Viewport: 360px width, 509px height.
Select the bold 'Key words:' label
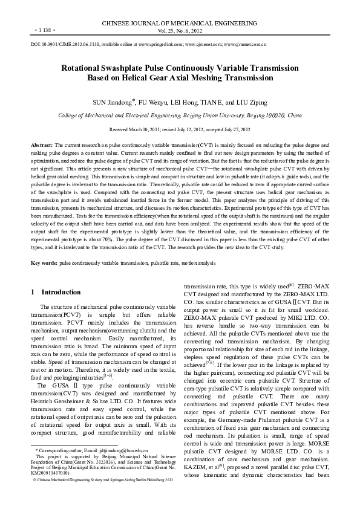(44, 264)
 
